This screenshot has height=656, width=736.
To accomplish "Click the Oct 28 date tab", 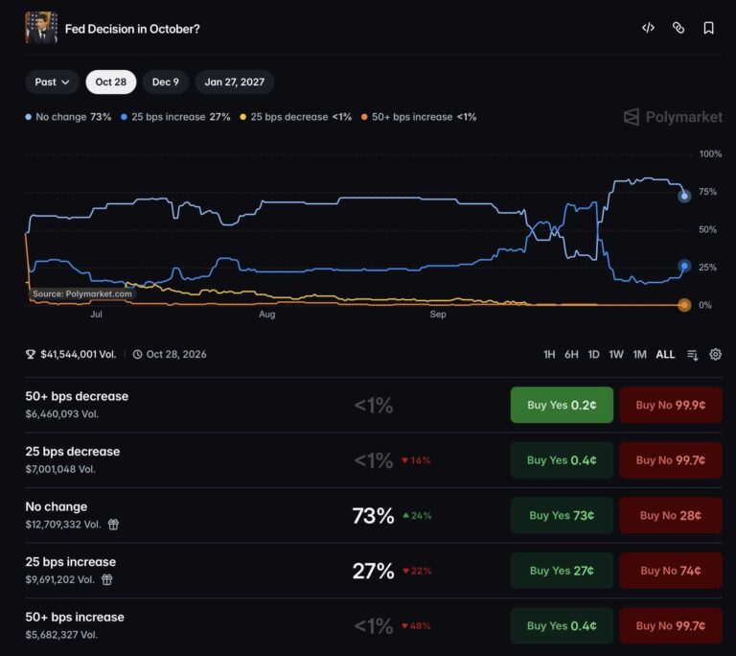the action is (x=111, y=82).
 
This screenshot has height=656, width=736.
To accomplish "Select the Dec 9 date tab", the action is (x=165, y=82).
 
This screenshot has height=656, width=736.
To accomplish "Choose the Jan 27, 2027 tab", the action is (x=234, y=82).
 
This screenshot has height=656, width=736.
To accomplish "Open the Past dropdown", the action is (x=52, y=82).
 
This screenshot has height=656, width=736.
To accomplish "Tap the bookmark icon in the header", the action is (x=709, y=28).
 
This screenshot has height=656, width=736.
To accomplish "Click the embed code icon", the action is (x=648, y=28).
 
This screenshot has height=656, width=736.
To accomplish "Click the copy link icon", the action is (x=678, y=28).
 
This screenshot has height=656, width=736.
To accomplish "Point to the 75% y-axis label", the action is (x=707, y=192).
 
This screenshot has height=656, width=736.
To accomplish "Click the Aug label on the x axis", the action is (x=267, y=314).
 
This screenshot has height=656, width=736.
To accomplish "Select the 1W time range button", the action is (x=616, y=354).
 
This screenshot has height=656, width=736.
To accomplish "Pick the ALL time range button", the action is (x=665, y=354).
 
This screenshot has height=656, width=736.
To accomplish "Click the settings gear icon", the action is (x=715, y=354).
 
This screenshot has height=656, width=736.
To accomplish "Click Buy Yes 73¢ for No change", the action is (x=562, y=515).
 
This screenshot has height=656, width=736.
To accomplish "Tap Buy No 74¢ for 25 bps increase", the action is (x=671, y=571).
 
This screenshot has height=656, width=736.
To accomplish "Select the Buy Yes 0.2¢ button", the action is (x=562, y=405).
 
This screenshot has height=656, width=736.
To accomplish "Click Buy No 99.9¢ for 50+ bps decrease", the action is (x=671, y=405).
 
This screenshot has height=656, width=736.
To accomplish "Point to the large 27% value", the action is (x=373, y=571).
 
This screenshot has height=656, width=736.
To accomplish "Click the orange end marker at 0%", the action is (x=684, y=305).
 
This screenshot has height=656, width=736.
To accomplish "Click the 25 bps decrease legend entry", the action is (x=296, y=117).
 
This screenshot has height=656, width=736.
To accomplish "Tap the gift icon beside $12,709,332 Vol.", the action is (x=113, y=524).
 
